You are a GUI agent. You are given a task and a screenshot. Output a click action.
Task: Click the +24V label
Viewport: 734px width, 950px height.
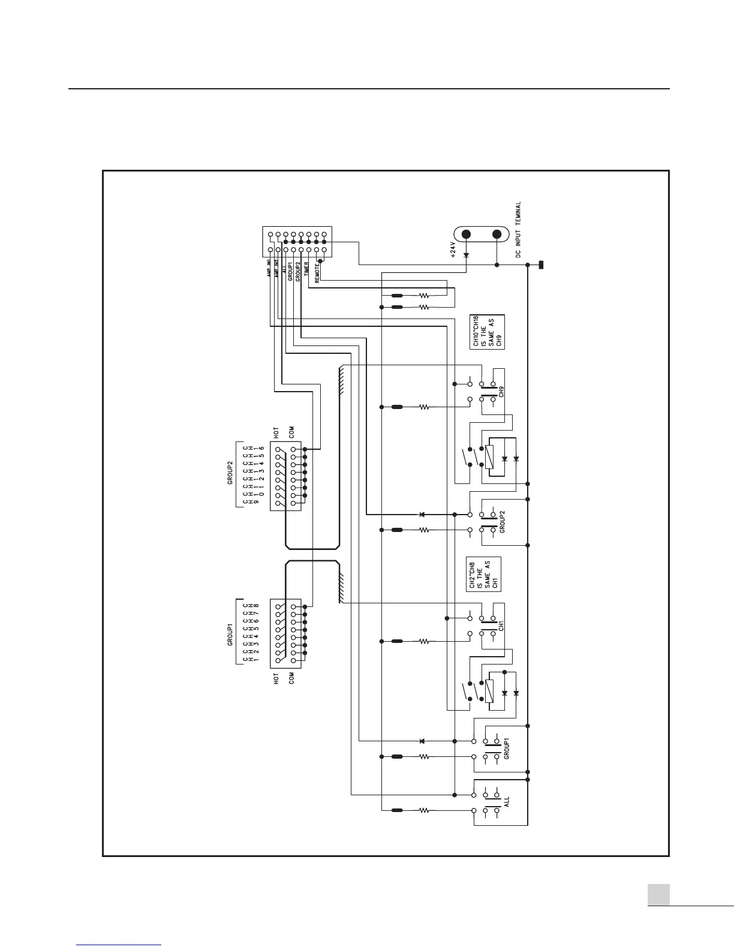click(x=453, y=248)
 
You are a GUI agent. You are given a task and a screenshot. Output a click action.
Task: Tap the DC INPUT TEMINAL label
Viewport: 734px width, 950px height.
click(x=519, y=230)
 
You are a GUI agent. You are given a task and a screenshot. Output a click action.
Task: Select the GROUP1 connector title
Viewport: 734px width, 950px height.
click(x=230, y=635)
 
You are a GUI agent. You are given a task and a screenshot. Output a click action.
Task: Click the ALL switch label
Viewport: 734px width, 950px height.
click(x=507, y=802)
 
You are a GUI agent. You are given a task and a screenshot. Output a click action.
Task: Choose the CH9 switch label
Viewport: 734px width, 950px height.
click(x=501, y=392)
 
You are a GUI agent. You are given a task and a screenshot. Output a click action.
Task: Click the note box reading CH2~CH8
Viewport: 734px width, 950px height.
click(x=483, y=575)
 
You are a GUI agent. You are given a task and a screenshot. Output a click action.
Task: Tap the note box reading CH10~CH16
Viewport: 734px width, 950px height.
click(x=487, y=332)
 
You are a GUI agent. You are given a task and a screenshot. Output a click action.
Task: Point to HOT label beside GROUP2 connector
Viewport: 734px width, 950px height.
click(x=276, y=434)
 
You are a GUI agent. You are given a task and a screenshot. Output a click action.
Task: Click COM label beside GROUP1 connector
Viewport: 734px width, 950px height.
click(x=291, y=678)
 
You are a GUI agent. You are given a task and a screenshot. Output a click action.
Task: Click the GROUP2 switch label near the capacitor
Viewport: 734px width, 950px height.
click(x=503, y=521)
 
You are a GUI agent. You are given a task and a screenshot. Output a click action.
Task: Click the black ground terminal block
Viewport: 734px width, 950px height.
click(x=541, y=265)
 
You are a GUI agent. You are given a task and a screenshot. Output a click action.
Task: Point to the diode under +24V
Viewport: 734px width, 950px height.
click(x=466, y=254)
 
